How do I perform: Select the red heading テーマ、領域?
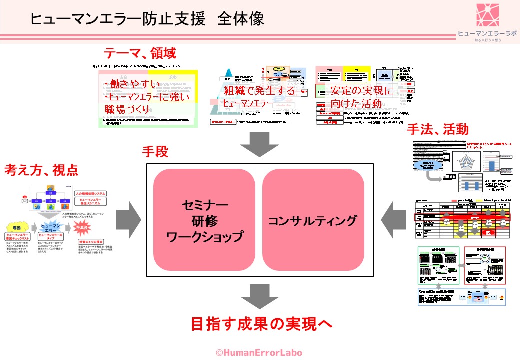pyautogui.click(x=140, y=52)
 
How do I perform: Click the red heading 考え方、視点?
pyautogui.click(x=41, y=170)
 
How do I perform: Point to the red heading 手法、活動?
pyautogui.click(x=438, y=129)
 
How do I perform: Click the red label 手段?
pyautogui.click(x=155, y=152)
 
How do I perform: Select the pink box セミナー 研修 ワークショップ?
pyautogui.click(x=204, y=220)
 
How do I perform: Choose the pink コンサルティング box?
pyautogui.click(x=313, y=220)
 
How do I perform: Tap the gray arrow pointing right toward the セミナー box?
pyautogui.click(x=128, y=219)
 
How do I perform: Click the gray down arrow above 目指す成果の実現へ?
pyautogui.click(x=259, y=297)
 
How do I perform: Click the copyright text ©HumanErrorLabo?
pyautogui.click(x=259, y=352)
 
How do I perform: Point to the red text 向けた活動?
pyautogui.click(x=356, y=103)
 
